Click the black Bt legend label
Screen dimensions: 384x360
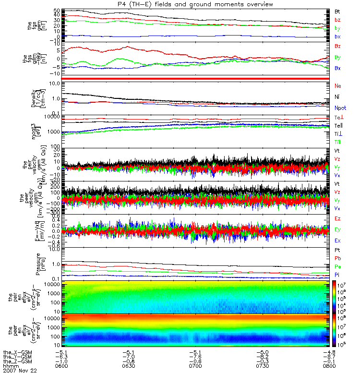(x=337, y=11)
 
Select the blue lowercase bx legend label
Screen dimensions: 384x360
(x=337, y=37)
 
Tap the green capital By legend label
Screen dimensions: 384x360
(x=338, y=58)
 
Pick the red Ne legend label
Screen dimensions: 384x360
(x=338, y=86)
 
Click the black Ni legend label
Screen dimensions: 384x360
(x=337, y=97)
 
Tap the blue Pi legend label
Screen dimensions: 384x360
(x=337, y=275)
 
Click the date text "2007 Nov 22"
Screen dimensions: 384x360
(x=20, y=371)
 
